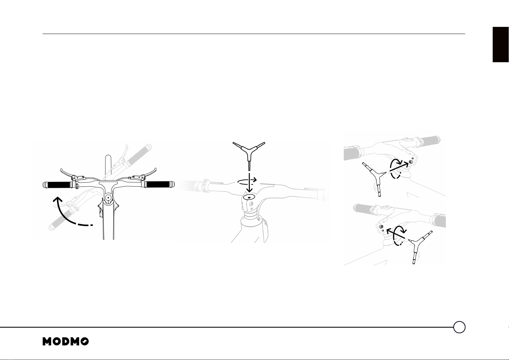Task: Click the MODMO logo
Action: tap(66, 341)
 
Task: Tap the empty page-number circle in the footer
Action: tap(459, 327)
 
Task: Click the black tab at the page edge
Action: tap(501, 44)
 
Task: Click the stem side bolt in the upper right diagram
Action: tap(411, 162)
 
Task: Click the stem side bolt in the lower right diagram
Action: tap(381, 226)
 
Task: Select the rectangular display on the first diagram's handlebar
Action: tap(108, 183)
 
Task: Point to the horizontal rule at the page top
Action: tap(254, 34)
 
